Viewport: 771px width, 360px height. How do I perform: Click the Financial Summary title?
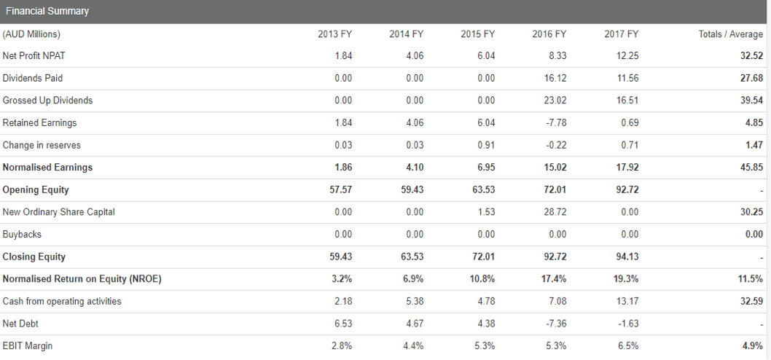pos(47,11)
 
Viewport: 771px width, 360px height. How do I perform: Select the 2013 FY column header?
pos(335,34)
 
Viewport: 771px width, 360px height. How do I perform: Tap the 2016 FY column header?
pos(549,34)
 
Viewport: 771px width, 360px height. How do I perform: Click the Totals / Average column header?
pos(730,34)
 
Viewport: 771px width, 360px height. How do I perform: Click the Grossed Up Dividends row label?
pos(47,101)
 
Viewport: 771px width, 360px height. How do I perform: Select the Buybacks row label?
pos(22,235)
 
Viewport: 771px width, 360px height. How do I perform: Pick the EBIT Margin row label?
pos(28,346)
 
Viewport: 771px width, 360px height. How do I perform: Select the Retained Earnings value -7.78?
pos(557,123)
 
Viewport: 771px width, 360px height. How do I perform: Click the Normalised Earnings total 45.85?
pos(752,168)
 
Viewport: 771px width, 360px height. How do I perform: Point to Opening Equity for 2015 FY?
pos(483,190)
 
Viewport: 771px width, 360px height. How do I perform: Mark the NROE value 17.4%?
pos(555,279)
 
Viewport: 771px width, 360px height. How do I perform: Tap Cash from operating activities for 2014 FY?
pos(415,302)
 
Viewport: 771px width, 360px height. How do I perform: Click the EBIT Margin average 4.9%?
pos(754,346)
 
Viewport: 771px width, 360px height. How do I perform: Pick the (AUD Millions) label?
pos(31,34)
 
